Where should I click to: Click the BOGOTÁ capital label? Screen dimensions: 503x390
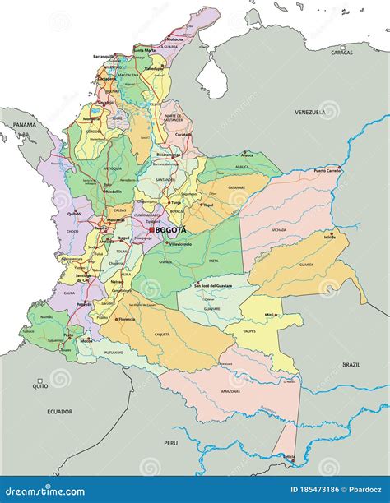[x=171, y=230]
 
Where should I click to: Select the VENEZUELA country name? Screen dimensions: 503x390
[x=312, y=111]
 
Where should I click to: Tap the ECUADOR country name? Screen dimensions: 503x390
[x=58, y=411]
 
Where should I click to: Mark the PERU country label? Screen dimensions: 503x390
[x=170, y=443]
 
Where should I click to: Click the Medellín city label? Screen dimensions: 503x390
[x=113, y=192]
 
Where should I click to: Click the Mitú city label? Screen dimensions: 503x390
[x=268, y=315]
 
